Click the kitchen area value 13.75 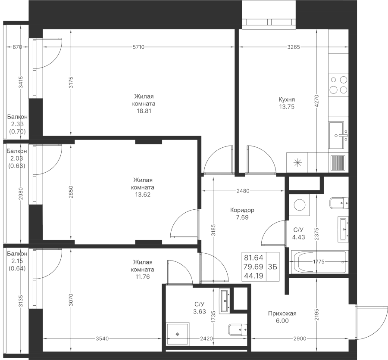[287, 107]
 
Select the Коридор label [242, 210]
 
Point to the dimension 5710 [138, 47]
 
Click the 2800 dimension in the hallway [299, 339]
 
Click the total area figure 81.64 [254, 258]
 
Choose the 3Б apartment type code [272, 267]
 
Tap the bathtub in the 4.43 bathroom [319, 261]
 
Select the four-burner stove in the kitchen [338, 84]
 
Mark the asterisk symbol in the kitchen [297, 163]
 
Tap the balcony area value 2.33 [17, 124]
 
